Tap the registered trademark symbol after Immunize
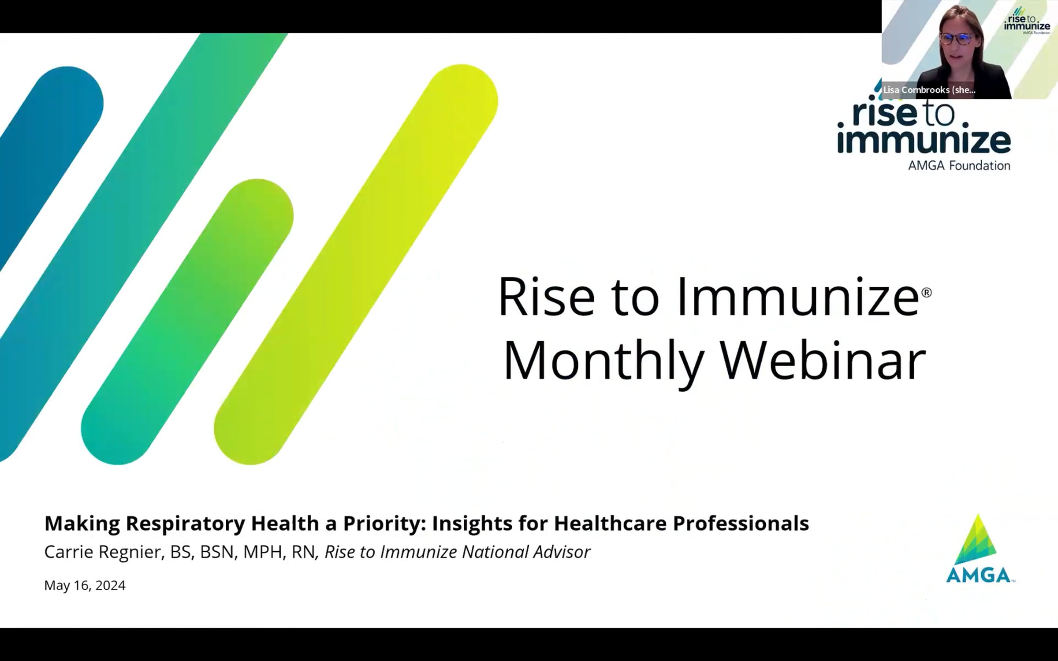pos(927,292)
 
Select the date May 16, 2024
pos(85,585)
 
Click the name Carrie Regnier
pos(103,552)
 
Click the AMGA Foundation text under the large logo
pos(959,165)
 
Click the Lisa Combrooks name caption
pos(929,90)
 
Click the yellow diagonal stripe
pos(356,264)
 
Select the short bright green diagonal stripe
pos(187,322)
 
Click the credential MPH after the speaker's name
pos(263,552)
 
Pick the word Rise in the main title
pos(547,296)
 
